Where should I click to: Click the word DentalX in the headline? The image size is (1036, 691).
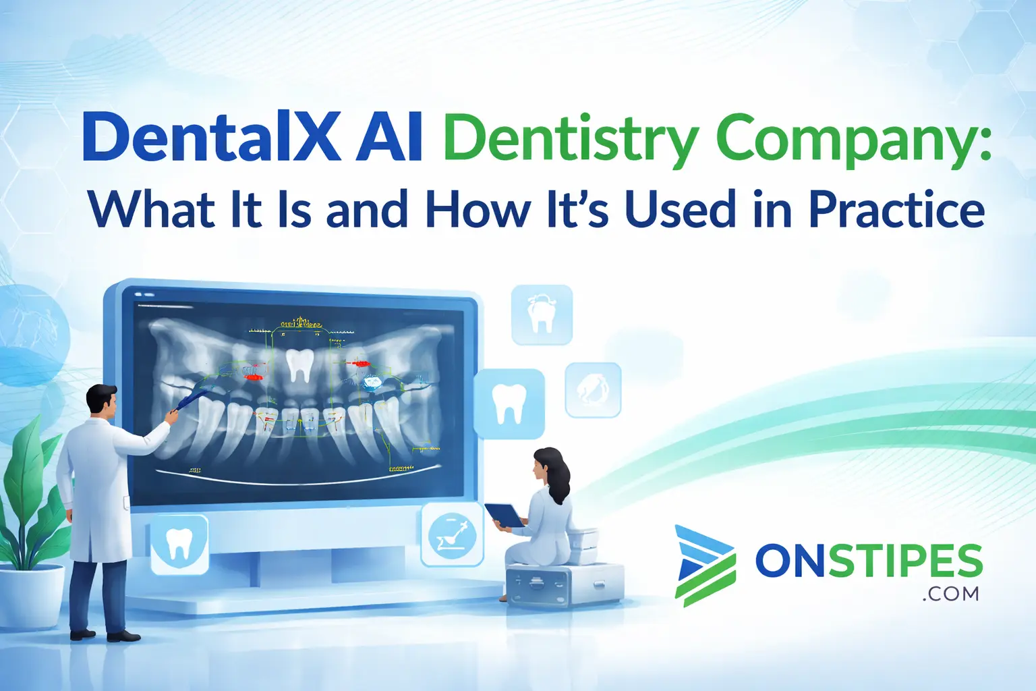click(211, 138)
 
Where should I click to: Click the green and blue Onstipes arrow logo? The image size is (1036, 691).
click(704, 565)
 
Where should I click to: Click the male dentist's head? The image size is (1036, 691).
click(103, 401)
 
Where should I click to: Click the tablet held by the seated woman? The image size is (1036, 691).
click(505, 515)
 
